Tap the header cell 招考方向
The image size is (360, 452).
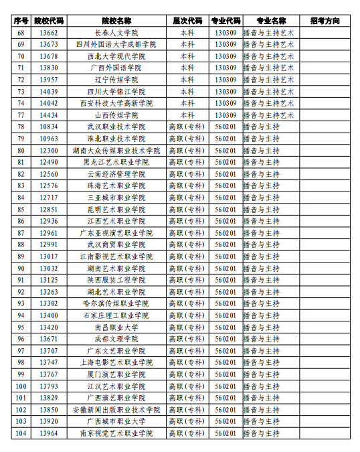[x=330, y=21]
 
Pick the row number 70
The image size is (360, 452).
[x=21, y=56]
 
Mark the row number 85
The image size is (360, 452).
[x=21, y=210]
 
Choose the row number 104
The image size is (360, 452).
[x=21, y=433]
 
